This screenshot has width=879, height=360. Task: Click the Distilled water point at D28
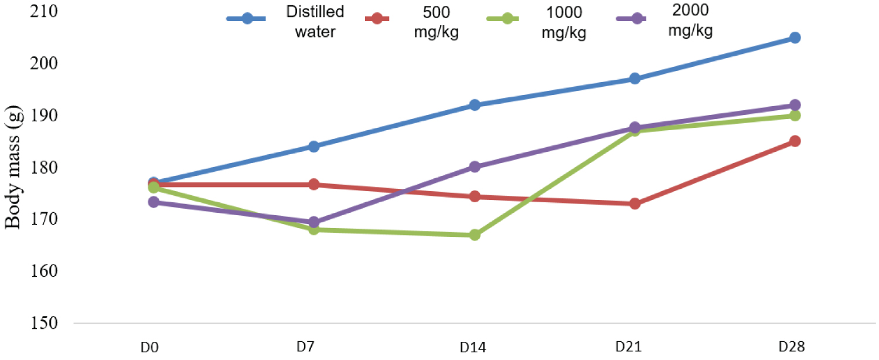(795, 38)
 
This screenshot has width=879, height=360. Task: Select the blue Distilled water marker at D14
(474, 106)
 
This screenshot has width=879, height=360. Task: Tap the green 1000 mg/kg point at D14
(474, 235)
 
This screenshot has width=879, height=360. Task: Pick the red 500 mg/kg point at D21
(635, 204)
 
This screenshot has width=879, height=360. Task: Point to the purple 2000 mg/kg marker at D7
(314, 222)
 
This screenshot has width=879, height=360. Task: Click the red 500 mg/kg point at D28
(795, 141)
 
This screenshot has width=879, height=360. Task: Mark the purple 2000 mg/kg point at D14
(474, 167)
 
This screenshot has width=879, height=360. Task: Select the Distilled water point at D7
(314, 147)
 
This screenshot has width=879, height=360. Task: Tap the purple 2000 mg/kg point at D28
(795, 106)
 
